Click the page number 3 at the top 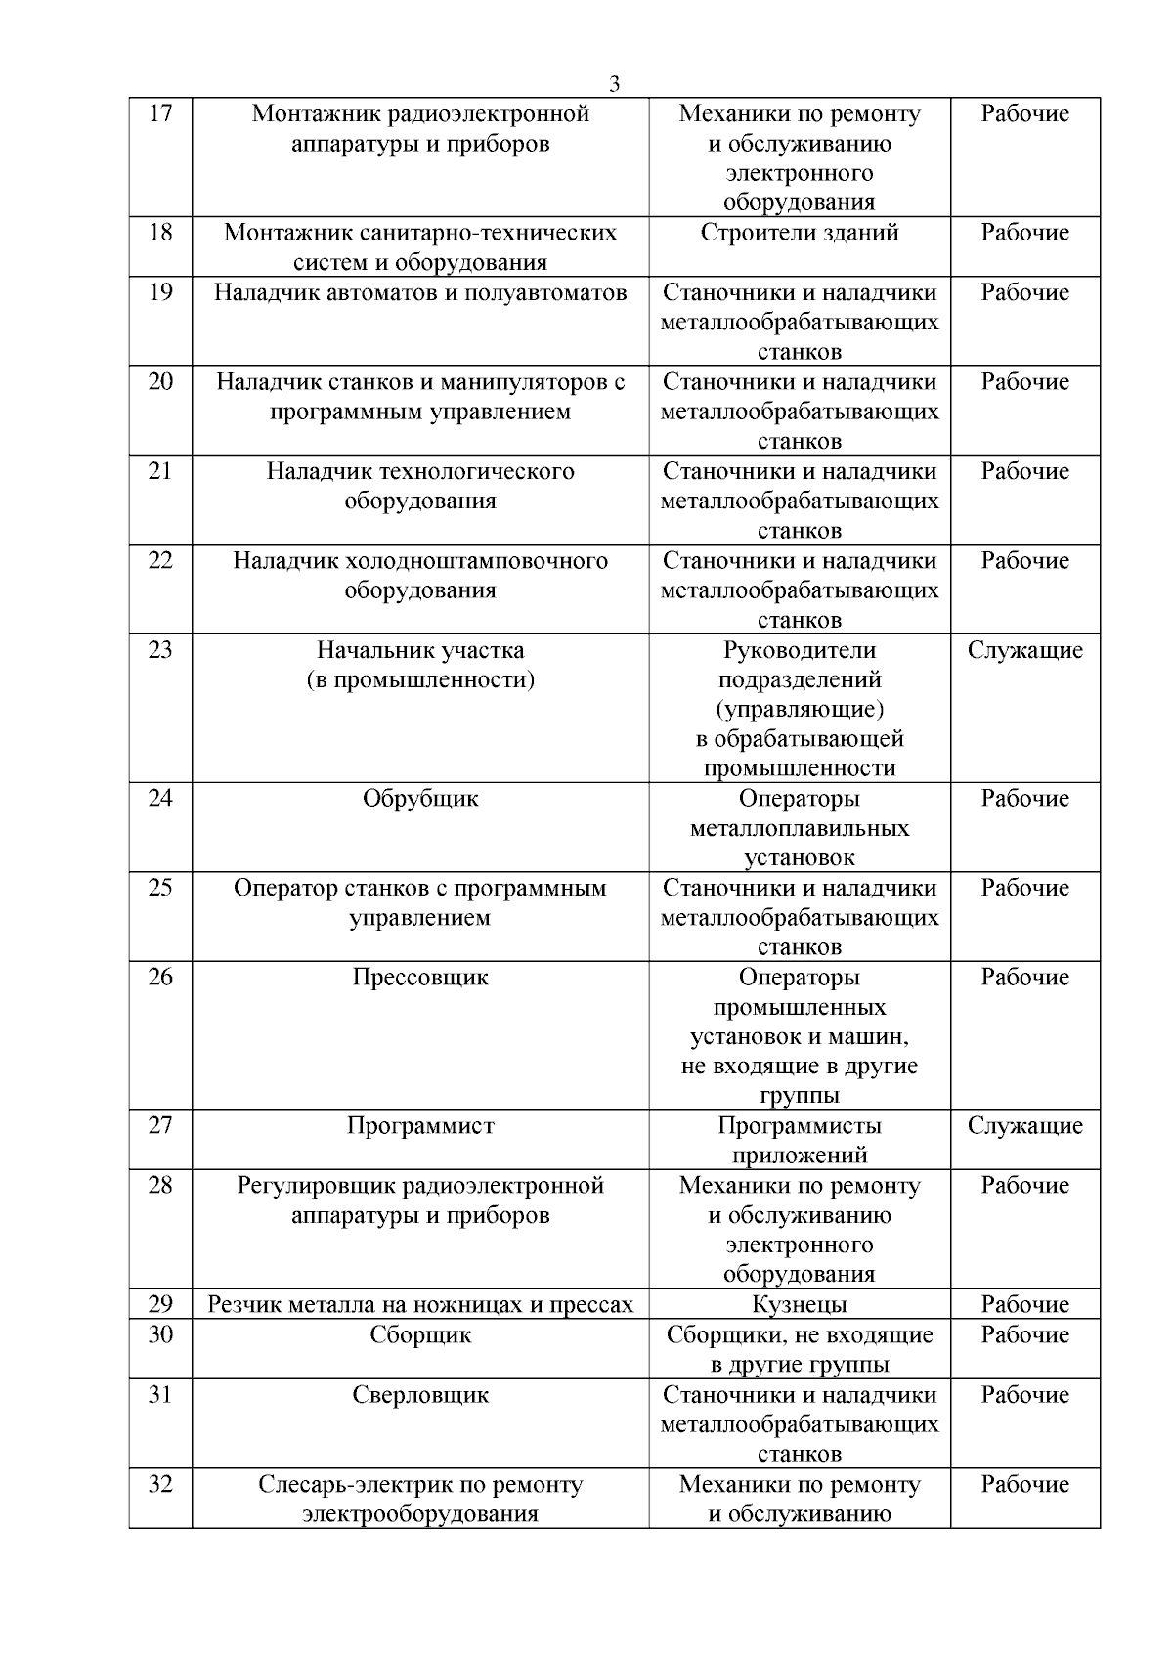[614, 84]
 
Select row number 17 [160, 113]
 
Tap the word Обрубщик [420, 799]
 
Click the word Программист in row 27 [420, 1126]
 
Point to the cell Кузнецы [800, 1305]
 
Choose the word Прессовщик [420, 978]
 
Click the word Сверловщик [420, 1395]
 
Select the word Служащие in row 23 [1025, 651]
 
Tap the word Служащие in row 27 [1025, 1126]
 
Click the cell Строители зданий [800, 233]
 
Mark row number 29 [160, 1305]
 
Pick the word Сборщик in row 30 [420, 1335]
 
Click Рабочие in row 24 [1025, 799]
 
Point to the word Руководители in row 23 [800, 651]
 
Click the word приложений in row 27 [800, 1156]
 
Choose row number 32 [160, 1485]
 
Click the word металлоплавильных [800, 829]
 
